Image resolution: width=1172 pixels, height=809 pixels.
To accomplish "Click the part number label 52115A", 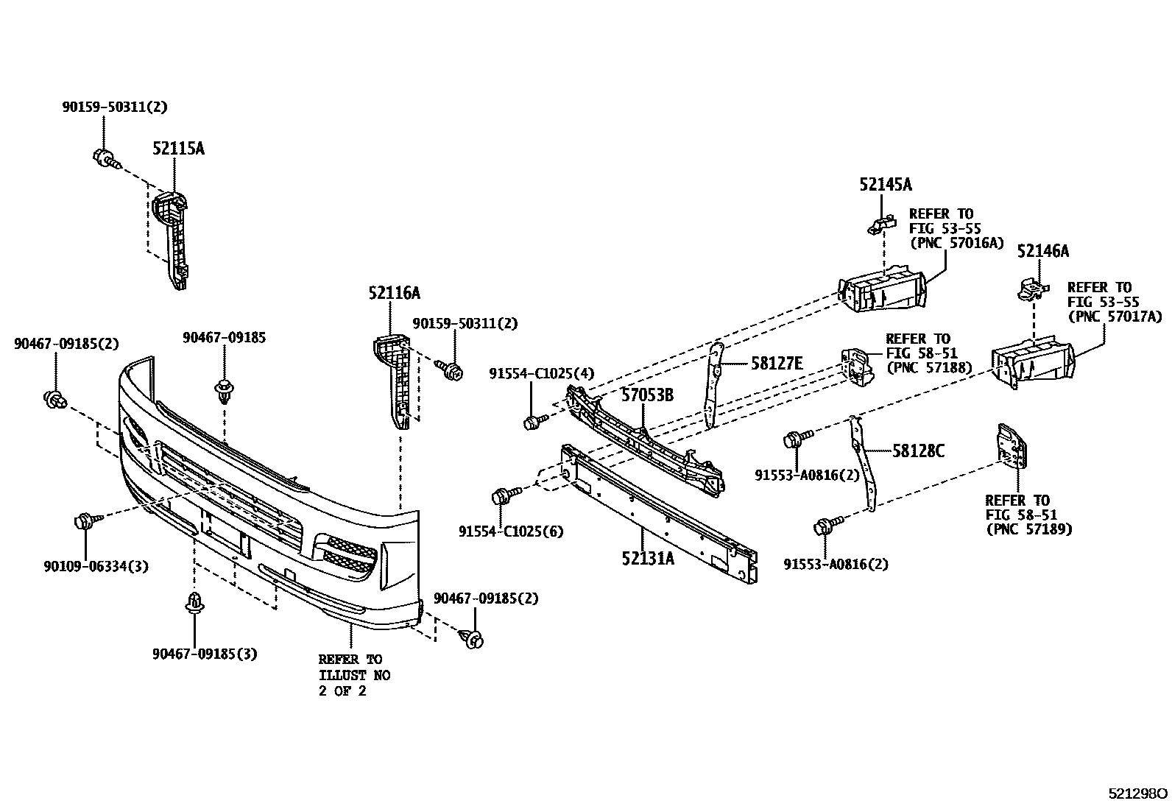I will click(x=178, y=149).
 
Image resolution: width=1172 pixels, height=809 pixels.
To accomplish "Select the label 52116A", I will click(x=394, y=294).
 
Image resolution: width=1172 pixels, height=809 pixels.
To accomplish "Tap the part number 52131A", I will click(x=648, y=558).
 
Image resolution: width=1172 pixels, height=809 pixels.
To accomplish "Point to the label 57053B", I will click(x=646, y=395).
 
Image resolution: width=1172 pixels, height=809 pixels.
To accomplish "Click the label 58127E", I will click(x=777, y=363).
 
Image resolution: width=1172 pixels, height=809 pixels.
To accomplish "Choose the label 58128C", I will click(x=918, y=451).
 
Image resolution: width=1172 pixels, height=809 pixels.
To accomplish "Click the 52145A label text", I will click(x=885, y=185).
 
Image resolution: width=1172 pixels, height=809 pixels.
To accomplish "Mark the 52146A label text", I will click(x=1043, y=252).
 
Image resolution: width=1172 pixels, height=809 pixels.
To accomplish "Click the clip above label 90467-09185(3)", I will click(x=195, y=601).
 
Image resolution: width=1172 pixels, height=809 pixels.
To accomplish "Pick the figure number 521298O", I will click(x=1138, y=794).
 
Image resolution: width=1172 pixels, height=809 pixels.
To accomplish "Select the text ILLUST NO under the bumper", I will click(x=354, y=675).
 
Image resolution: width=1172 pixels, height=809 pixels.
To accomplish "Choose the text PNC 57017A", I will click(x=1115, y=317).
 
